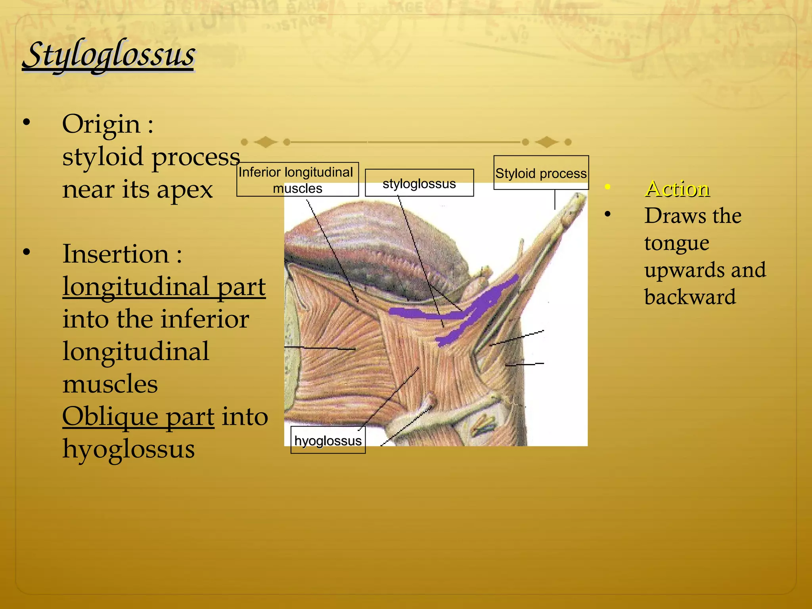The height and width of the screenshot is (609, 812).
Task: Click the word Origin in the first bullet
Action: tap(101, 124)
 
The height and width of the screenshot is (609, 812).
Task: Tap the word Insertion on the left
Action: tap(116, 254)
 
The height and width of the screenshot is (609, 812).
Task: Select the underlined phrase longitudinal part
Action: tap(164, 286)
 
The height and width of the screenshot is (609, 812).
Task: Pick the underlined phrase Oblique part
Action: tap(138, 416)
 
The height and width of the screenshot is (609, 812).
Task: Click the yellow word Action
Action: tap(677, 189)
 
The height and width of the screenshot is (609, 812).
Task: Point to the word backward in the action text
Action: tap(690, 297)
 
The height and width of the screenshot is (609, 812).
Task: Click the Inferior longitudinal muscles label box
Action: tap(297, 180)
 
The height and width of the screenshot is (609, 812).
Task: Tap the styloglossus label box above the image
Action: tap(419, 183)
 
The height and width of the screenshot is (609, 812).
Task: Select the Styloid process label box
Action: tap(541, 173)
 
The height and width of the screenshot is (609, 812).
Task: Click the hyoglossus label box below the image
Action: tap(328, 440)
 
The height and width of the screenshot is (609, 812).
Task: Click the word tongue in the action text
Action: tap(676, 243)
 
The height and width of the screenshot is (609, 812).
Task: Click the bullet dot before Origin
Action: tap(27, 123)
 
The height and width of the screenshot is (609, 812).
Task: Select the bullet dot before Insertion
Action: tap(27, 252)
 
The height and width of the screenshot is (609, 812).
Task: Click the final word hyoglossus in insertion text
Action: tap(128, 449)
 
